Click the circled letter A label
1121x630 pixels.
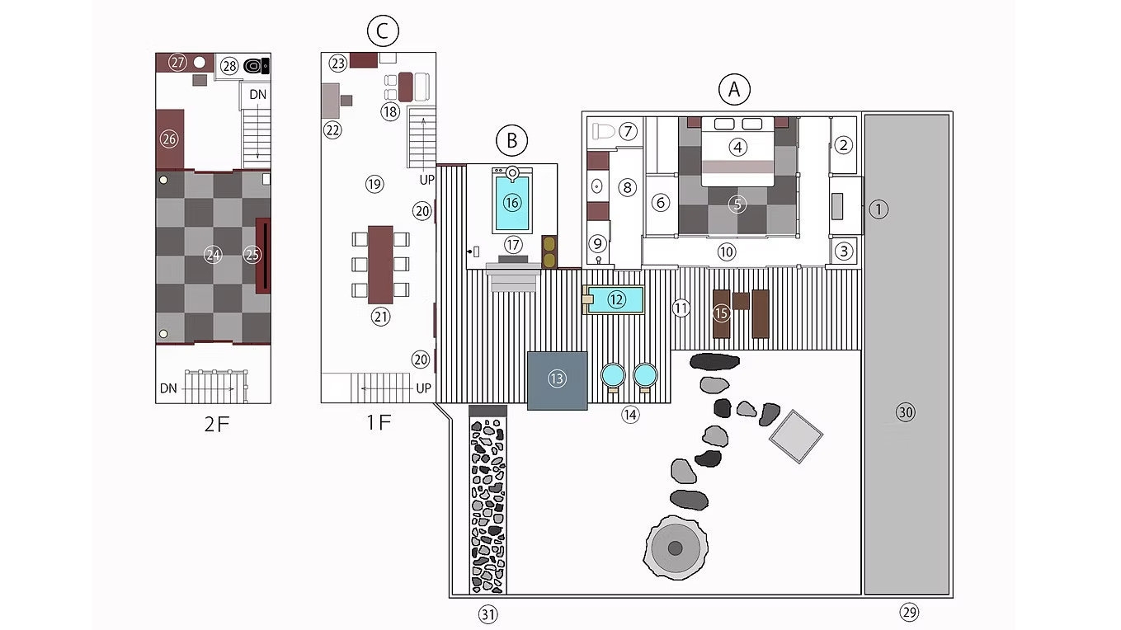click(x=734, y=90)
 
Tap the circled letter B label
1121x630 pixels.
click(x=511, y=141)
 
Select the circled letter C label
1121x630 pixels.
click(x=383, y=31)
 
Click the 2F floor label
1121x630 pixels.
click(x=217, y=425)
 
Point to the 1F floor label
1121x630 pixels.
click(x=379, y=423)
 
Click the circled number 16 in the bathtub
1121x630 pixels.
click(x=511, y=203)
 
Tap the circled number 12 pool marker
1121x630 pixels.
click(x=616, y=299)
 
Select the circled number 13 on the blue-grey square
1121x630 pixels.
click(x=557, y=378)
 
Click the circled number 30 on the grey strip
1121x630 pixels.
click(x=906, y=412)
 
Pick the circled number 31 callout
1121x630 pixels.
click(x=488, y=614)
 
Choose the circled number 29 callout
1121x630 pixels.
click(x=909, y=612)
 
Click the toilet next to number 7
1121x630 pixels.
click(x=603, y=132)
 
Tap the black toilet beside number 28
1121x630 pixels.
click(x=257, y=65)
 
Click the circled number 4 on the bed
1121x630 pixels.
click(x=737, y=147)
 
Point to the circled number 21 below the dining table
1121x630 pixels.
click(x=380, y=317)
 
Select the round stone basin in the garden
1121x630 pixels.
click(x=675, y=548)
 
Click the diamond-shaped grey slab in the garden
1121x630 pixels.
click(x=796, y=436)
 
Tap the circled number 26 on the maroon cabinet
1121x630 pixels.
click(x=169, y=139)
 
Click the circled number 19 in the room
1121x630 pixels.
click(x=374, y=184)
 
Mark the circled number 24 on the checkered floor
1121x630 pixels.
click(x=213, y=255)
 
